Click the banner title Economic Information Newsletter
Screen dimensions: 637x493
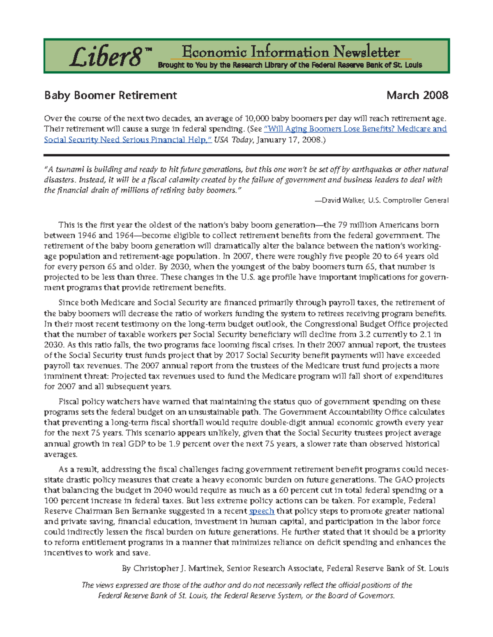point(290,52)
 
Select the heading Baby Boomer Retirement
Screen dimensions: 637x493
point(111,96)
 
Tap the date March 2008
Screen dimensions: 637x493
point(417,96)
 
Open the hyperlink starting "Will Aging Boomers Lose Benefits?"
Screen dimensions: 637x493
point(355,129)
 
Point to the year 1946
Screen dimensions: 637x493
point(87,235)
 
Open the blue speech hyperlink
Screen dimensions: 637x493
point(262,511)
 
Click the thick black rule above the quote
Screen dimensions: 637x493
point(246,155)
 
